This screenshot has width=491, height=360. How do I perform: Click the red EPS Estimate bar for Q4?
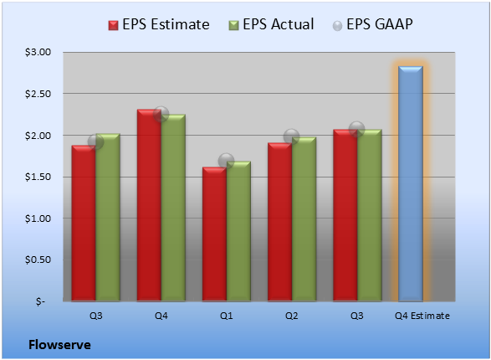(149, 205)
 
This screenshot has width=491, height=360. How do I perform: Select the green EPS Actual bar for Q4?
(173, 208)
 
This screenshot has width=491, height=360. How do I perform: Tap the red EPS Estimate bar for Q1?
(214, 234)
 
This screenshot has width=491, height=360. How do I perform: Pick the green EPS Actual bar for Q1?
(238, 231)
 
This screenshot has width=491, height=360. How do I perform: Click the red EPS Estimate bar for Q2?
(280, 222)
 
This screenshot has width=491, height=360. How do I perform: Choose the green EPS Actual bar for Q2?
(304, 219)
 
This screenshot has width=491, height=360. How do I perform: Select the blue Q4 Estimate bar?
(411, 183)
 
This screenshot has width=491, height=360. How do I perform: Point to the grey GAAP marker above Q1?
(226, 161)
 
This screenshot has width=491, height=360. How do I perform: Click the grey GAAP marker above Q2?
(292, 136)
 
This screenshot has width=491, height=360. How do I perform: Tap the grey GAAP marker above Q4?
(161, 114)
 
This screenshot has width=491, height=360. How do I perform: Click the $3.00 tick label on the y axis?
(38, 52)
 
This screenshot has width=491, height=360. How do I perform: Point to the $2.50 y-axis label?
(38, 94)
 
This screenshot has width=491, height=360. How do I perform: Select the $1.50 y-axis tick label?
(38, 177)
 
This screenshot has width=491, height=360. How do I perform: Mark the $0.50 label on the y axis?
(38, 260)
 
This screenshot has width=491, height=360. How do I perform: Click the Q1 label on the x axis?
(227, 316)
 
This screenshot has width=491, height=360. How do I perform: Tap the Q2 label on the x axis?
(292, 316)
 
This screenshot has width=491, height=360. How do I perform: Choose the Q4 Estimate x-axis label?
(422, 316)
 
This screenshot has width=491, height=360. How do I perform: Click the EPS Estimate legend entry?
(159, 24)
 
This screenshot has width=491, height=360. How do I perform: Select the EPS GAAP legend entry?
(372, 24)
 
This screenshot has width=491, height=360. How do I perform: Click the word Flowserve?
(59, 345)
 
